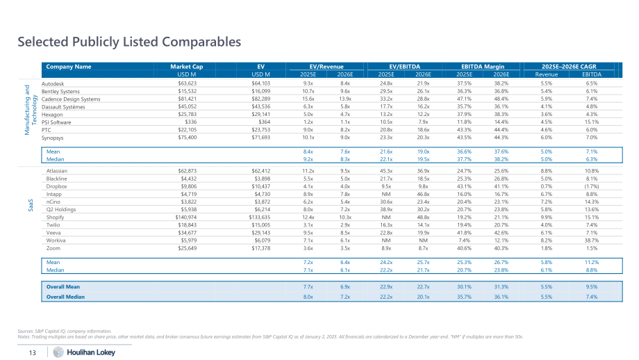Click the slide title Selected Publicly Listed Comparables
129,42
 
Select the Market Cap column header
187,67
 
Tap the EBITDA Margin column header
483,67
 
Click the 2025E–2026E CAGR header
569,67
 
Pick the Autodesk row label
53,83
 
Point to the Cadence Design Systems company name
71,99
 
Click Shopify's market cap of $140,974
186,218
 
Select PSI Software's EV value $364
264,122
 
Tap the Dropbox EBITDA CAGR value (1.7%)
591,186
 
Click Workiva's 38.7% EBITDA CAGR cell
591,240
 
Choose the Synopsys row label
53,138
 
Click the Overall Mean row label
63,286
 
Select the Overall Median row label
65,297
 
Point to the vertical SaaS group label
31,206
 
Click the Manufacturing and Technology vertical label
31,110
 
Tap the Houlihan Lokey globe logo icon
58,352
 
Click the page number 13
32,352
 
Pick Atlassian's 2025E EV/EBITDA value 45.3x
386,171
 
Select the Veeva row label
53,233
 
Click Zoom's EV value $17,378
261,248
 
